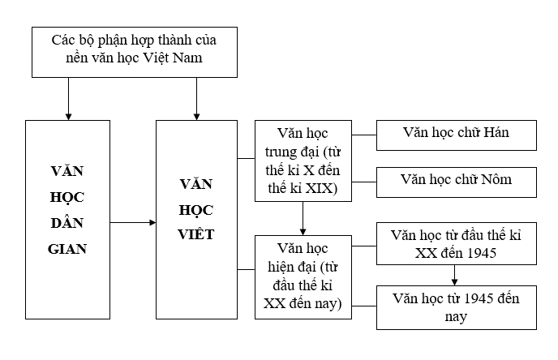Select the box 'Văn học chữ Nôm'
coord(456,180)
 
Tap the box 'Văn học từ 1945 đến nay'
coord(456,306)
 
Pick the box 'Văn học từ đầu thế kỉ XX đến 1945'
coord(456,244)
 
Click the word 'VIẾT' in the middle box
coord(196,235)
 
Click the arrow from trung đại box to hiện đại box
coord(303,217)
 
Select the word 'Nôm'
coord(496,180)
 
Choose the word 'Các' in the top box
coord(63,39)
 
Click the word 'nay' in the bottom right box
coord(456,316)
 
